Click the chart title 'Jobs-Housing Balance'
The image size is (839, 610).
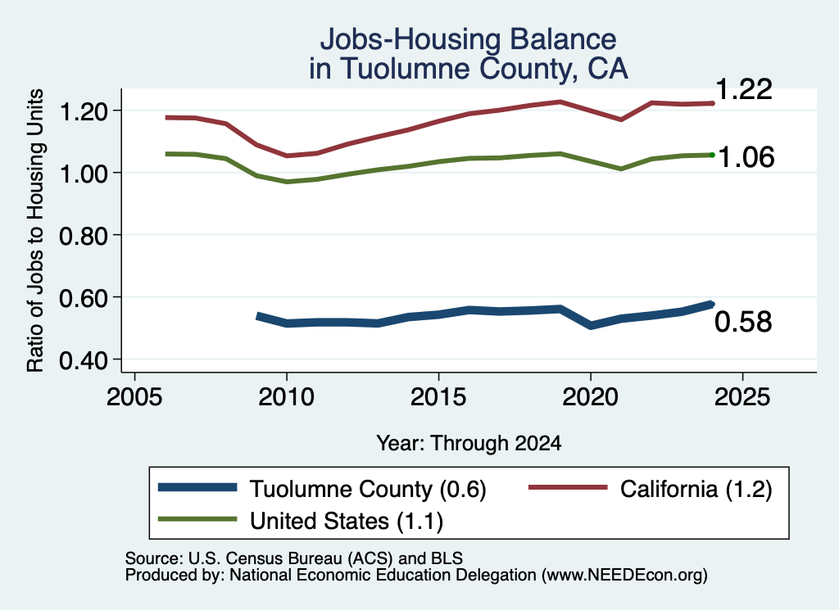[x=468, y=39]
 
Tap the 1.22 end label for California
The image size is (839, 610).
[x=743, y=88]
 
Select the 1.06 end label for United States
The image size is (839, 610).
[x=746, y=157]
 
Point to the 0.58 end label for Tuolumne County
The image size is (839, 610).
[x=743, y=322]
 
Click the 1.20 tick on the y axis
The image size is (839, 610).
[x=84, y=111]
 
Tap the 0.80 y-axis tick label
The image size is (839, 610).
[x=84, y=236]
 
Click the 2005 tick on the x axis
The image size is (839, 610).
[x=135, y=397]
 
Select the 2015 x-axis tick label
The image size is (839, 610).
[x=438, y=397]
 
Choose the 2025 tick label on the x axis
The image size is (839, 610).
[x=742, y=397]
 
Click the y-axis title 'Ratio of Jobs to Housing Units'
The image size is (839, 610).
[x=35, y=230]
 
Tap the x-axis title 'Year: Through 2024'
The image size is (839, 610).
[x=469, y=443]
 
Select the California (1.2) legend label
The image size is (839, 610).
[x=696, y=489]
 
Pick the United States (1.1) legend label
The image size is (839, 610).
[x=347, y=522]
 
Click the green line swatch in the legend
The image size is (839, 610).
[x=197, y=519]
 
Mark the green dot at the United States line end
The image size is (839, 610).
[x=712, y=155]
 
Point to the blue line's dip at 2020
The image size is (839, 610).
[x=590, y=325]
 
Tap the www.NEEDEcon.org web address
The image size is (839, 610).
[x=624, y=576]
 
